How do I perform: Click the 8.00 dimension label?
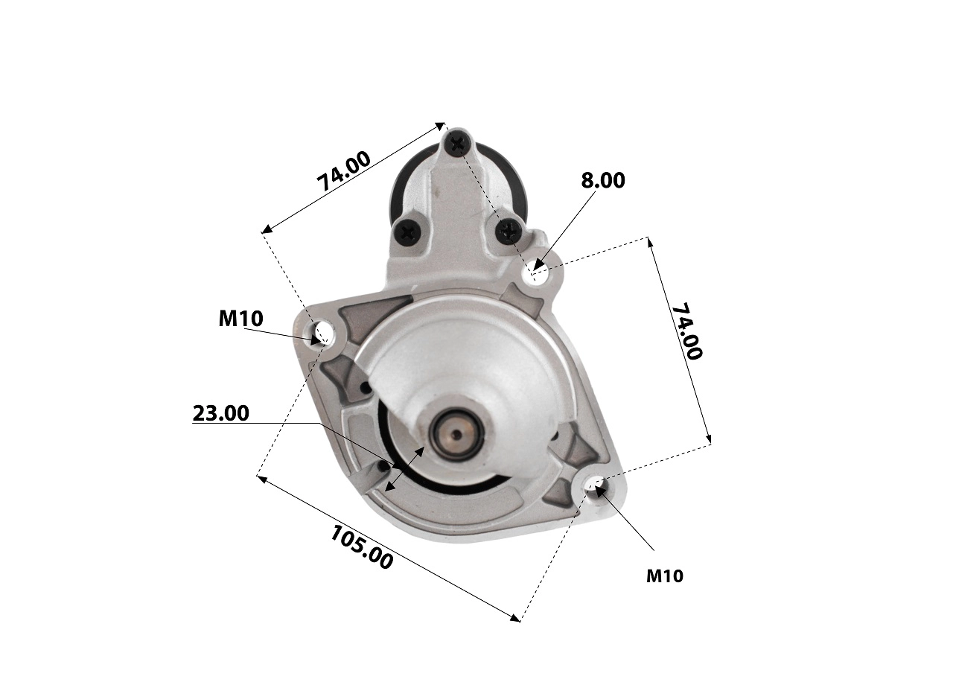click(602, 180)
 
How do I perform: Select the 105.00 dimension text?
click(361, 547)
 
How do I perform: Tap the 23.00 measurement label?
click(221, 413)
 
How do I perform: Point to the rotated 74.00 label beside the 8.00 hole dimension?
click(686, 331)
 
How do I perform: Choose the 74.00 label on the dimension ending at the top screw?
click(344, 172)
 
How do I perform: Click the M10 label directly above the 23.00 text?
click(240, 319)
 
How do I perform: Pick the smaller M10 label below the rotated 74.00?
click(664, 576)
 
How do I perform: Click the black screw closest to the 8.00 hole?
click(509, 231)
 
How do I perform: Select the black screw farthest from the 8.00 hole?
click(408, 233)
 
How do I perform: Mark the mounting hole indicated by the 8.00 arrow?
click(535, 273)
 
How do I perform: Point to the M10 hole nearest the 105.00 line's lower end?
click(596, 487)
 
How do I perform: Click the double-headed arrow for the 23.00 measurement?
click(405, 469)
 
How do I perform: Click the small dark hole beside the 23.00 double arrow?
click(384, 466)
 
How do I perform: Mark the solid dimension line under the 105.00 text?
click(387, 547)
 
